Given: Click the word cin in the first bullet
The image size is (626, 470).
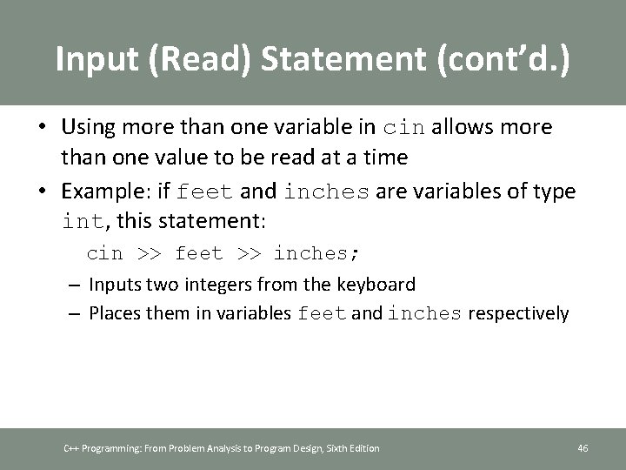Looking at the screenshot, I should click(405, 127).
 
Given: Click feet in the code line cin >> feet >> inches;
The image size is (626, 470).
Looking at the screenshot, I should click(199, 253).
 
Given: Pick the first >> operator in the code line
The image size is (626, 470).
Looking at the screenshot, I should click(149, 253).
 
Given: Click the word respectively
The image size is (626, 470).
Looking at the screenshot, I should click(518, 313).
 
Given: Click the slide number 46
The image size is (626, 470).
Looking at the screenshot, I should click(583, 448).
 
